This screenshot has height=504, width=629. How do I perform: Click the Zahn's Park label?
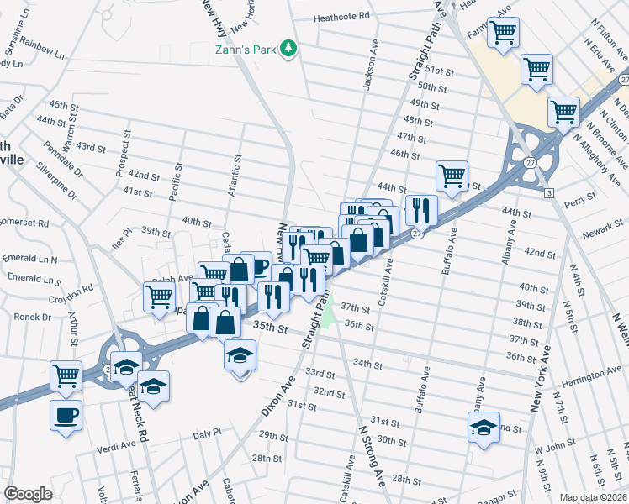pos(245,50)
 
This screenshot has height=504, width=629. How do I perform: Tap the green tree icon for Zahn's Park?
pos(289,48)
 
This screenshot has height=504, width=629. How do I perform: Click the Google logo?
pos(28,494)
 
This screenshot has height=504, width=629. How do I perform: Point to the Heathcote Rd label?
pos(341,16)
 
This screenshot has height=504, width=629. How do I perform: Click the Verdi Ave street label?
pos(117,444)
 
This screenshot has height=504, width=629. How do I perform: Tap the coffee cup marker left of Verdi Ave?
pos(66,415)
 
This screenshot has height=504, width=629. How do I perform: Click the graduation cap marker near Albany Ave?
pos(483,428)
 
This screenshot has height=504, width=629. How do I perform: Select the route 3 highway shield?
pos(548,193)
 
